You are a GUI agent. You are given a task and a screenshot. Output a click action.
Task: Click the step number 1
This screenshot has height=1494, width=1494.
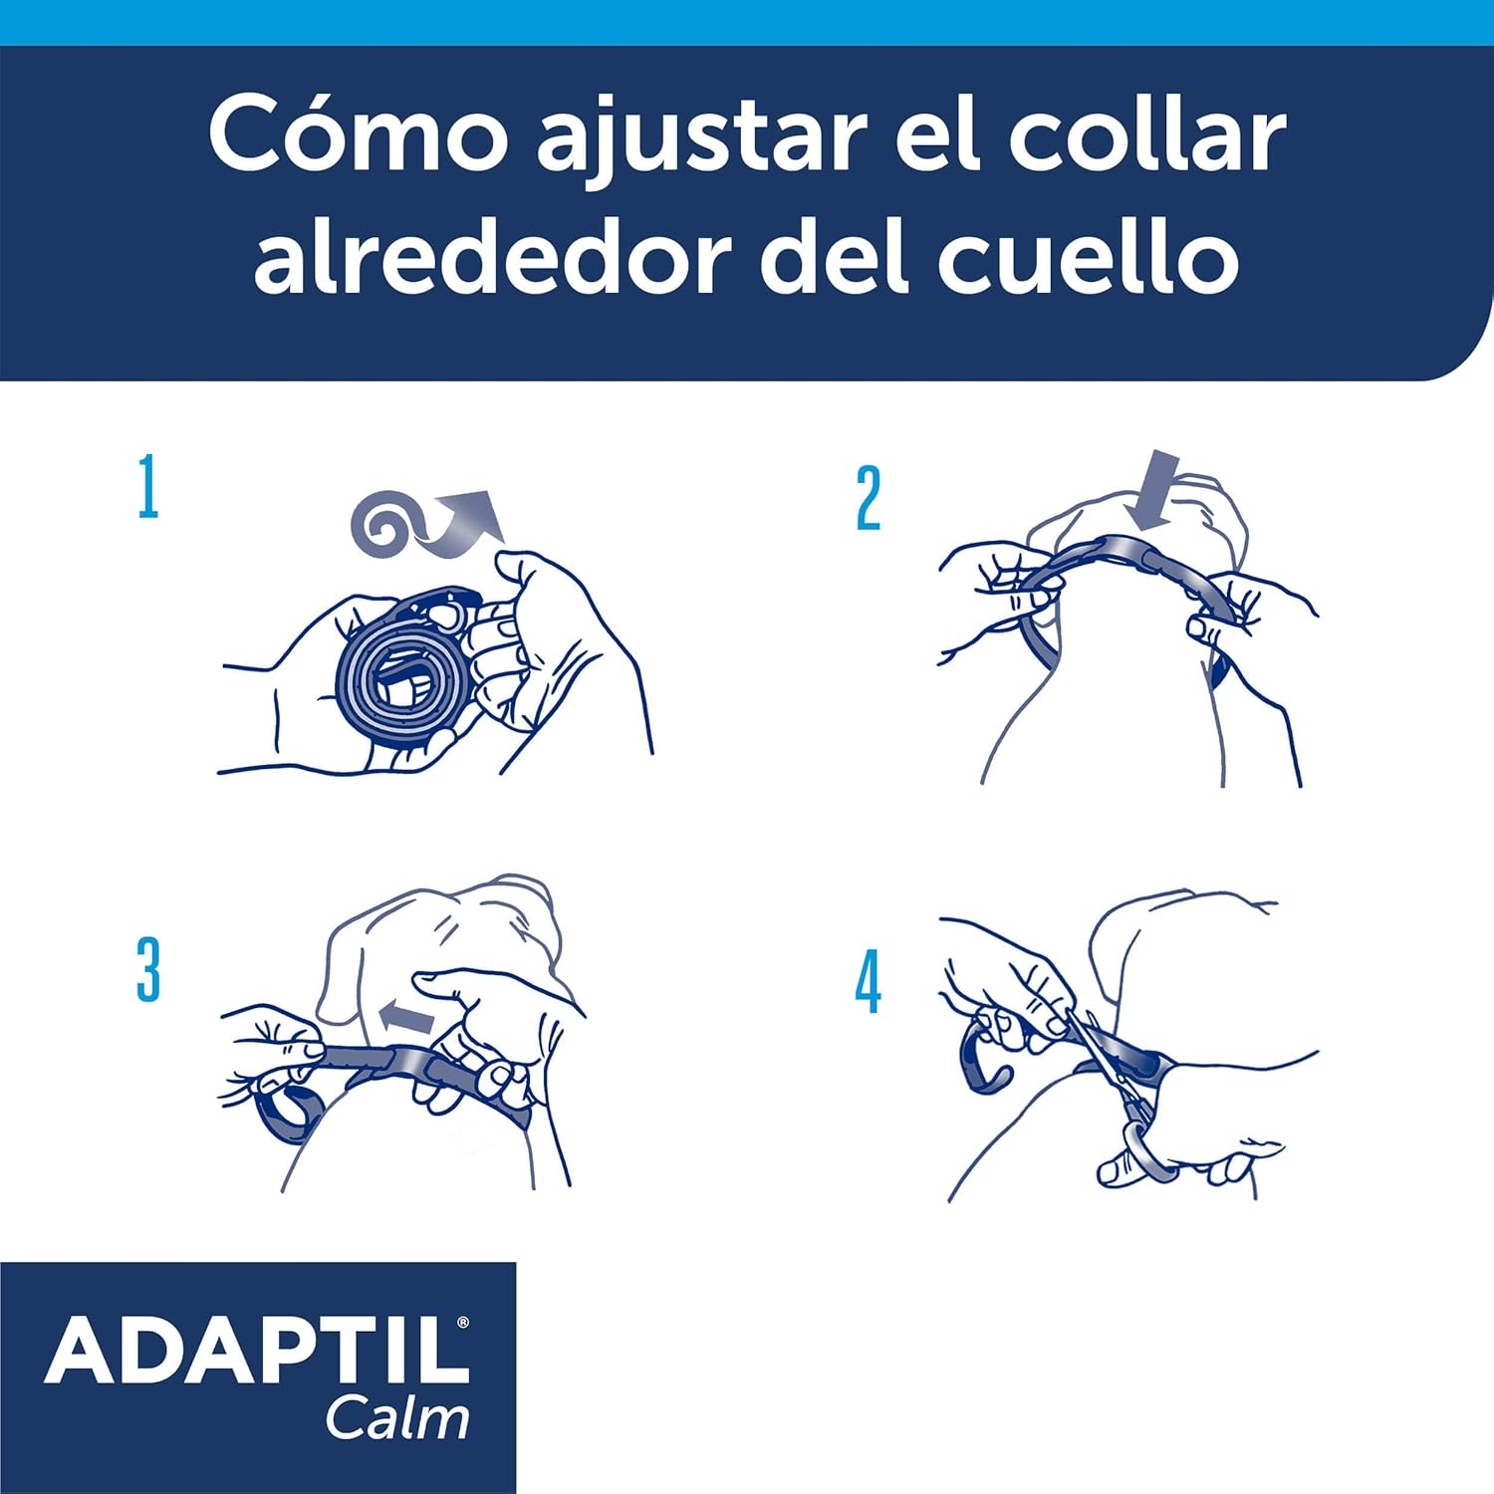tap(148, 487)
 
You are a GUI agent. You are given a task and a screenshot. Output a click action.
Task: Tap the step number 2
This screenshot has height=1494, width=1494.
tap(869, 498)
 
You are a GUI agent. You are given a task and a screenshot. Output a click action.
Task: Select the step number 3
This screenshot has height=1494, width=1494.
tap(148, 970)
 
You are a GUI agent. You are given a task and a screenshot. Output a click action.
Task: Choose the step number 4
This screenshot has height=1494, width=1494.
tap(869, 982)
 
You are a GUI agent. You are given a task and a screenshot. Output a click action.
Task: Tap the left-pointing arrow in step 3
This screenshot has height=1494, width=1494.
tap(407, 1017)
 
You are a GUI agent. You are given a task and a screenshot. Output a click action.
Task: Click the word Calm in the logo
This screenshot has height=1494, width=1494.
tap(397, 1418)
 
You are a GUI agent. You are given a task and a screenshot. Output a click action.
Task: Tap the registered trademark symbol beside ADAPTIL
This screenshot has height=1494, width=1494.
tap(461, 1323)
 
